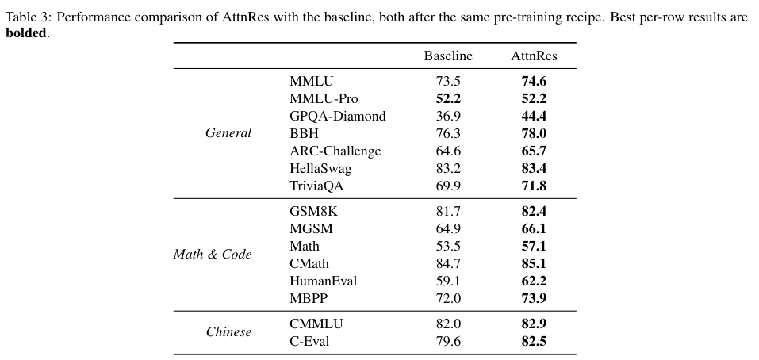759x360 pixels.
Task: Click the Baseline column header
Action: (448, 56)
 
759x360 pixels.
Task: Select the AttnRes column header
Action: (534, 56)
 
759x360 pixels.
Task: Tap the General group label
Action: (228, 133)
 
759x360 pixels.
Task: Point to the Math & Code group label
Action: (213, 254)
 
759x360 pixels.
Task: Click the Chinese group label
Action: (229, 332)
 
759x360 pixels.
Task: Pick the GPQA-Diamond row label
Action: (338, 116)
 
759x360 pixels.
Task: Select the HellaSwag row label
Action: (320, 168)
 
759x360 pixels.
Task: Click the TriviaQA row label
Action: (316, 186)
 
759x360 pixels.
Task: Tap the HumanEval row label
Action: (324, 281)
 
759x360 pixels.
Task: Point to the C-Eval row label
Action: (309, 341)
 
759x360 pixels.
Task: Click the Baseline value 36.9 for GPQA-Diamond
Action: (448, 116)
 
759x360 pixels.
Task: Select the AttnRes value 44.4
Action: (534, 116)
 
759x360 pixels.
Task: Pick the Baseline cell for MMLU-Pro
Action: (448, 98)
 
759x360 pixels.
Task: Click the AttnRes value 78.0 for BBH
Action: (534, 133)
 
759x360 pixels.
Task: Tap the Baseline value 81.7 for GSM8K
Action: (448, 211)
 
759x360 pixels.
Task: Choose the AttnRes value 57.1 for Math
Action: (534, 246)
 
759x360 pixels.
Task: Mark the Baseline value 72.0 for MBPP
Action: (448, 298)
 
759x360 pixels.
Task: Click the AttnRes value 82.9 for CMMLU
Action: (534, 324)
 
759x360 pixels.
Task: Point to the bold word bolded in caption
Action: (26, 33)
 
